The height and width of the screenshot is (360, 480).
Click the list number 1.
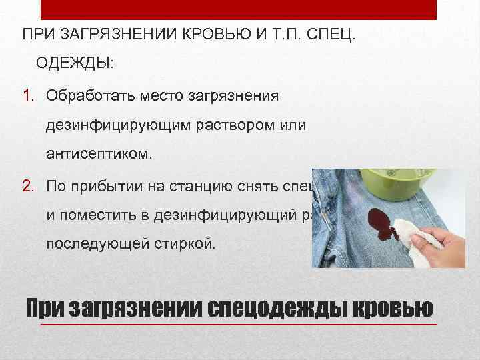(x=31, y=95)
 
